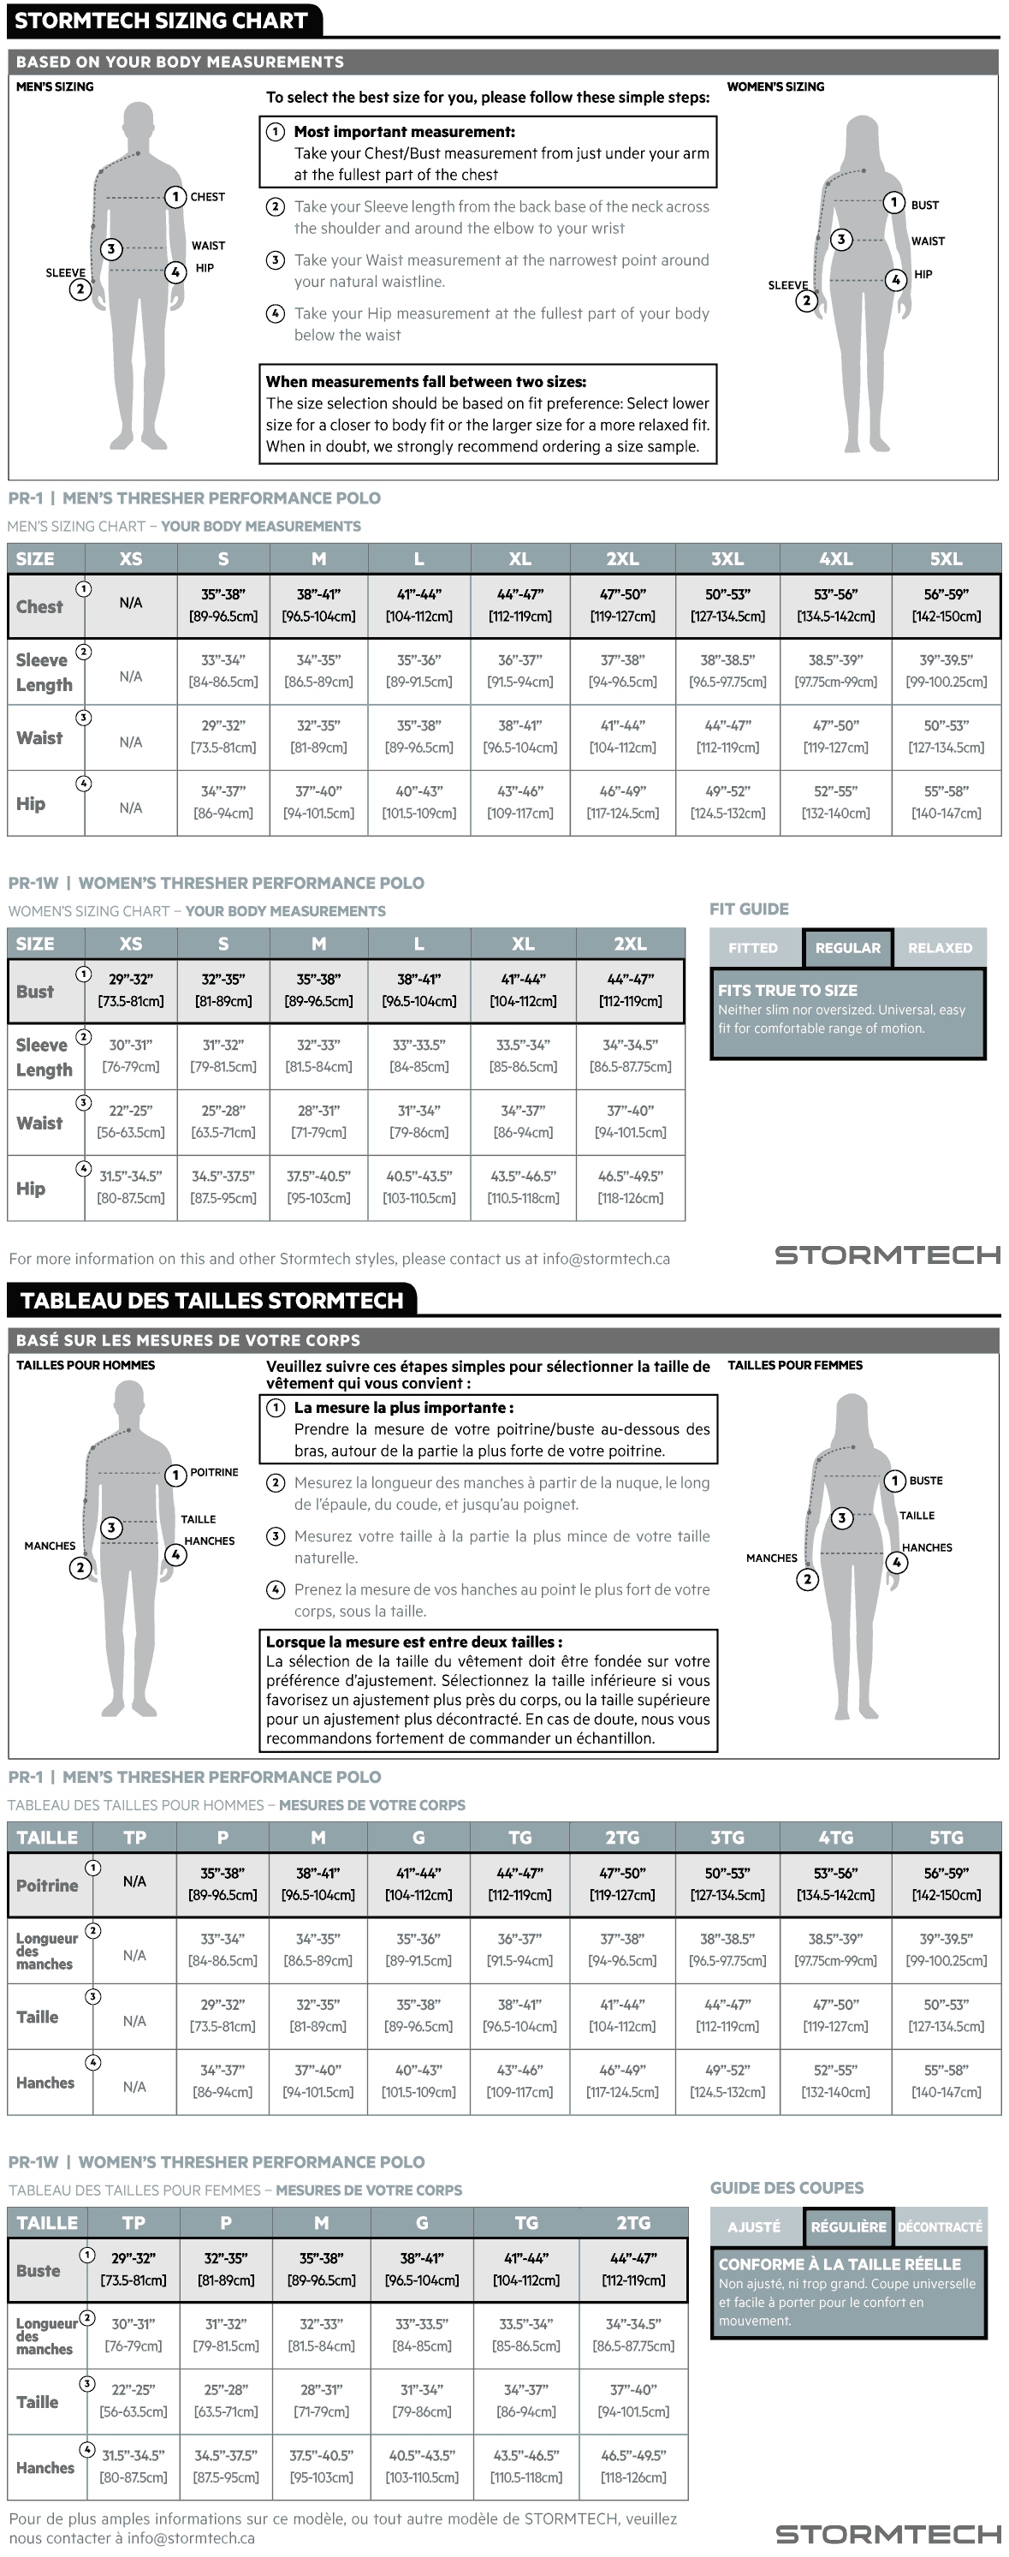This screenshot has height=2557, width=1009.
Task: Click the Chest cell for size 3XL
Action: pyautogui.click(x=727, y=605)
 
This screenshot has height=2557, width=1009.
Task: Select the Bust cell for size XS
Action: pyautogui.click(x=131, y=991)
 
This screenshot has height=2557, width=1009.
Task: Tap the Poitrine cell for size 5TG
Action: pyautogui.click(x=946, y=1884)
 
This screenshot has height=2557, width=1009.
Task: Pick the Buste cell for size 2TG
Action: pyautogui.click(x=633, y=2269)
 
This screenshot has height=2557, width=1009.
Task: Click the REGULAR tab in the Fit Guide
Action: pyautogui.click(x=847, y=948)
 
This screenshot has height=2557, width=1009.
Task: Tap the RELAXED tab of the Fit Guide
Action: pyautogui.click(x=940, y=948)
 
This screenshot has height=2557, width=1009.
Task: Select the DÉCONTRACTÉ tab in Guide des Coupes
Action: pyautogui.click(x=940, y=2226)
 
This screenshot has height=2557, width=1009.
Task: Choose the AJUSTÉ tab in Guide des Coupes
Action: pyautogui.click(x=755, y=2226)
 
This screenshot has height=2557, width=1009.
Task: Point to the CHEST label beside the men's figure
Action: pyautogui.click(x=207, y=197)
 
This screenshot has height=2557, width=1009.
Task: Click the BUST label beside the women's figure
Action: pyautogui.click(x=924, y=205)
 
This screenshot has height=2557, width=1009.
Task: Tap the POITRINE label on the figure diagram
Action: pyautogui.click(x=214, y=1472)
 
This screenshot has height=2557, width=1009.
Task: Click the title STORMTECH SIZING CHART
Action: pyautogui.click(x=161, y=21)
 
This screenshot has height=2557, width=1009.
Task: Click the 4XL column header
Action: pyautogui.click(x=835, y=559)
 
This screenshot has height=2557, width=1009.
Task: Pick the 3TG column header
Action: pyautogui.click(x=727, y=1838)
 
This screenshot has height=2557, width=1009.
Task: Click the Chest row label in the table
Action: pyautogui.click(x=39, y=606)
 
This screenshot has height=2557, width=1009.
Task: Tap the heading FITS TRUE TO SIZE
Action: pyautogui.click(x=787, y=990)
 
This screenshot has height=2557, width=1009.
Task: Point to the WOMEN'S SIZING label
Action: pyautogui.click(x=776, y=86)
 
